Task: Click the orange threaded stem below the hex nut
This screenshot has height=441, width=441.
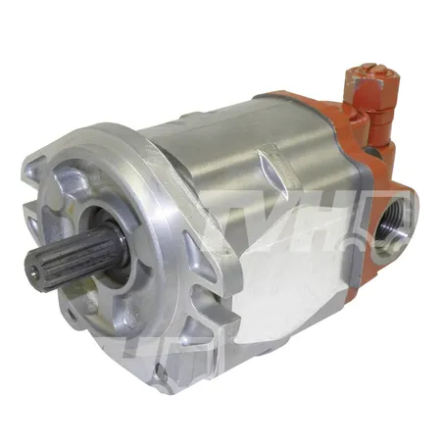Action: click(x=376, y=124)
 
